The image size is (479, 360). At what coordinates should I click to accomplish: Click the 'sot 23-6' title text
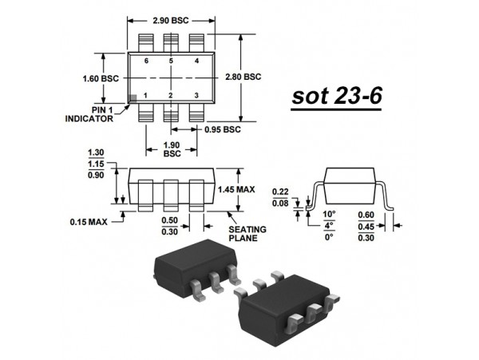[x=335, y=96]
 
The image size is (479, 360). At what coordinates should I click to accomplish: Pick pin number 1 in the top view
[x=145, y=96]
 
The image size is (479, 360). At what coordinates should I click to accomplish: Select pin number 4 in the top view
[x=196, y=61]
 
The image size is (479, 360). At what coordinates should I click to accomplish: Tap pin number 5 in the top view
[x=170, y=61]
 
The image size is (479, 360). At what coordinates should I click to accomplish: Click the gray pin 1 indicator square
[x=134, y=97]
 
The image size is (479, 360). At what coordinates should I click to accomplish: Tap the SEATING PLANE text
[x=247, y=233]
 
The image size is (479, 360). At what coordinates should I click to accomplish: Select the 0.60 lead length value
[x=366, y=215]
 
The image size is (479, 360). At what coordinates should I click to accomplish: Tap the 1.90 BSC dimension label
[x=170, y=150]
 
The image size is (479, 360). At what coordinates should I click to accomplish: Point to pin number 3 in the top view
[x=196, y=96]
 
